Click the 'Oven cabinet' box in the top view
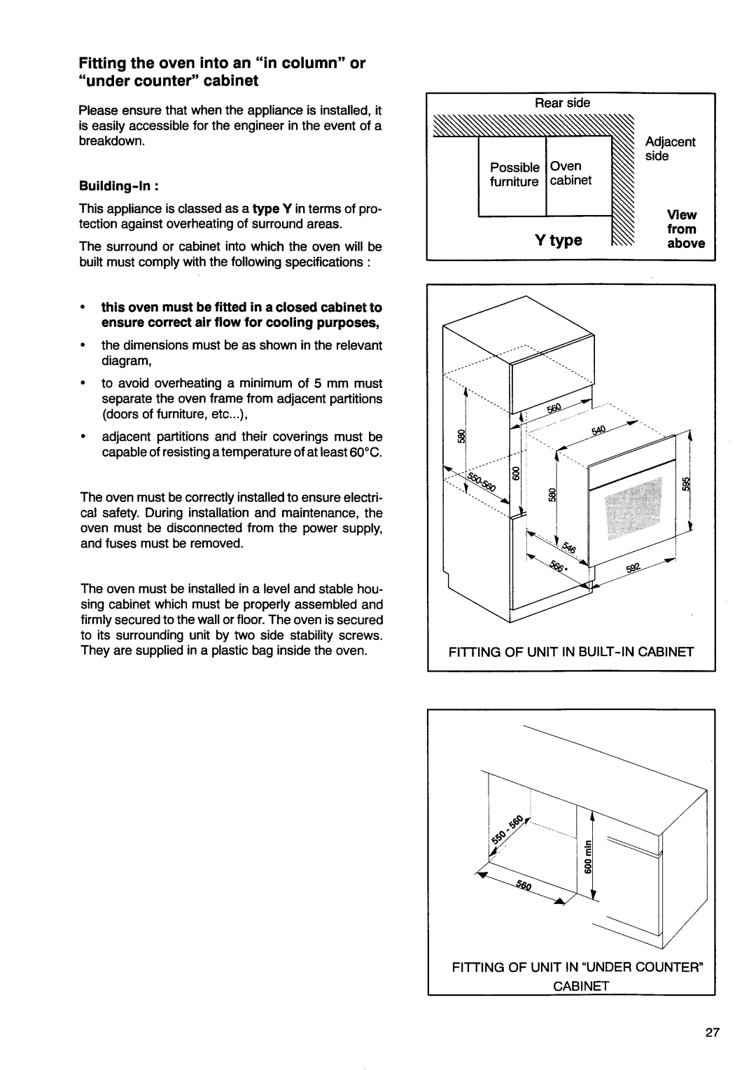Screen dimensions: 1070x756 [x=571, y=174]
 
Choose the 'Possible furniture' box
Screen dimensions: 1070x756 [x=513, y=174]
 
